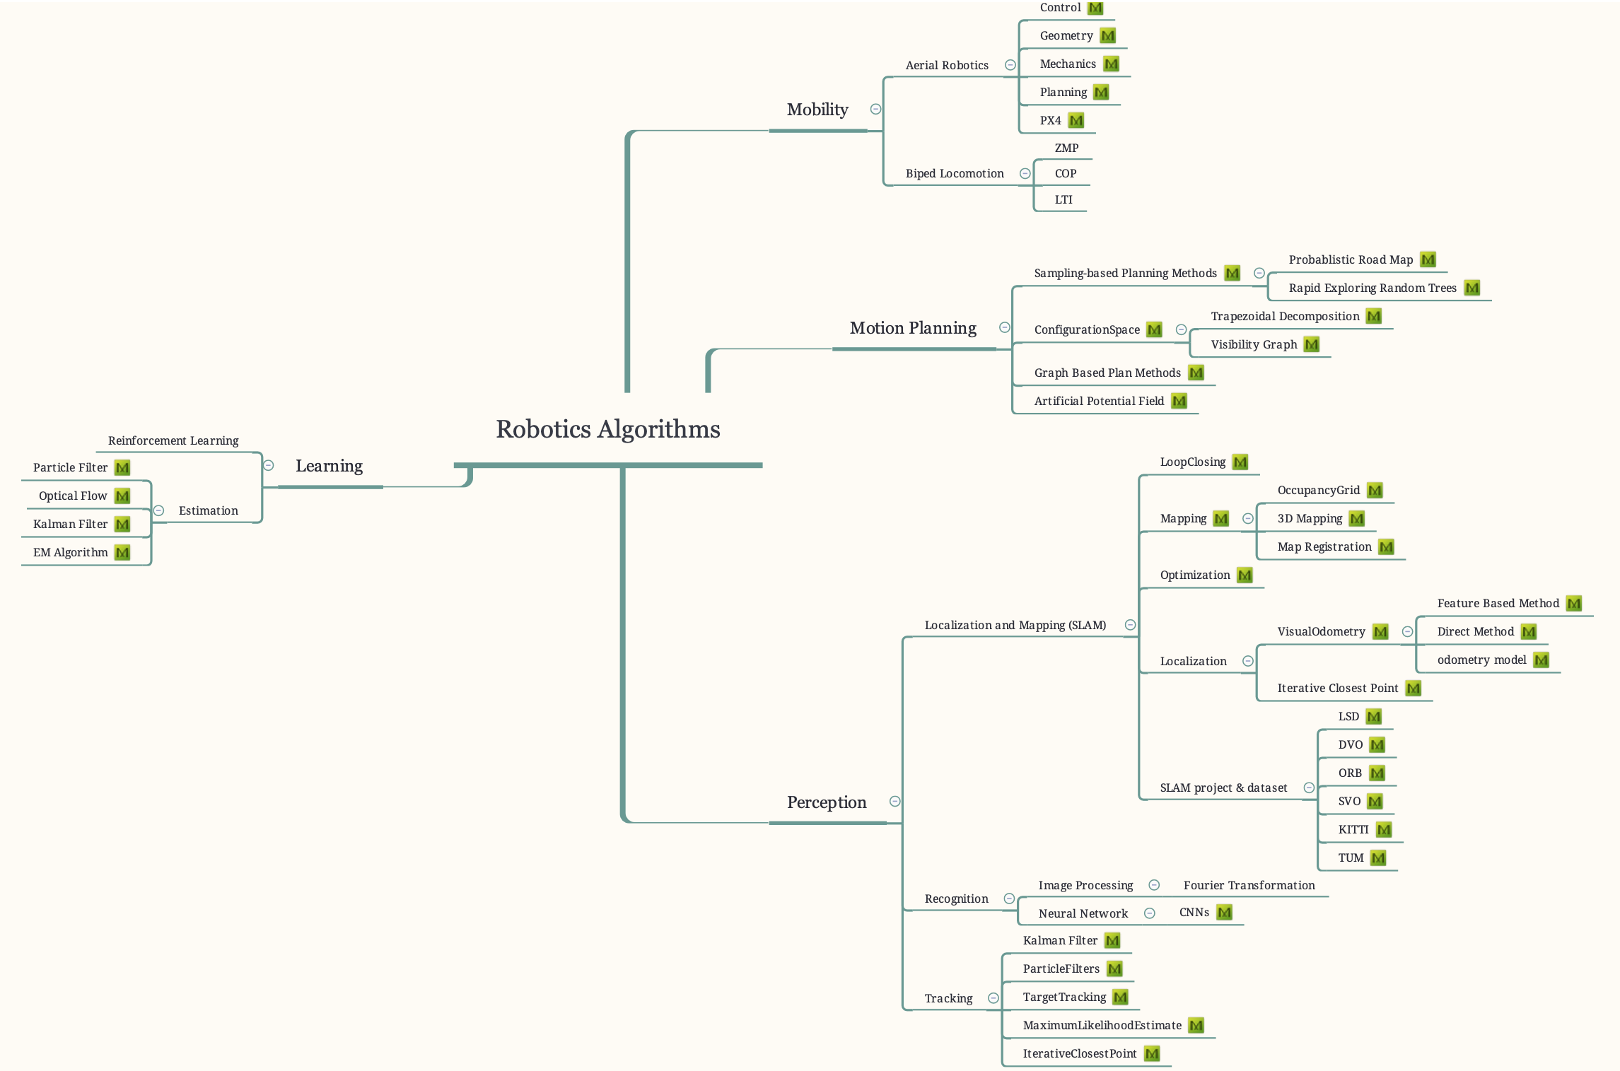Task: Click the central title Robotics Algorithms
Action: tap(607, 429)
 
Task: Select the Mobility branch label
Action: tap(817, 110)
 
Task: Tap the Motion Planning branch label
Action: tap(913, 328)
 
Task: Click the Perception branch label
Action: tap(826, 802)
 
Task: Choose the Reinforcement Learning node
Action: tap(173, 440)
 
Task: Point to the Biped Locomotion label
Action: tap(955, 173)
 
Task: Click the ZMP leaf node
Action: tap(1066, 148)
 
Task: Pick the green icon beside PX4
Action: tap(1076, 120)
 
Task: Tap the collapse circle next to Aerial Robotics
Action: tap(1010, 65)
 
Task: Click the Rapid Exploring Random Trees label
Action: tap(1372, 288)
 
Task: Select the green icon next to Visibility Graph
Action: tap(1312, 344)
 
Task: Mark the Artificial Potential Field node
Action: tap(1099, 401)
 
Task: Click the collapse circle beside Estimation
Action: tap(159, 510)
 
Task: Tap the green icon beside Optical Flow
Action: tap(122, 496)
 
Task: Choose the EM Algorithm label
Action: tap(71, 552)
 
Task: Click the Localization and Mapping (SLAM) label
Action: tap(1015, 625)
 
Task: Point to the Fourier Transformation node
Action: tap(1249, 885)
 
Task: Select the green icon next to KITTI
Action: tap(1384, 829)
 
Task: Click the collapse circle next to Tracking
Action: tap(993, 998)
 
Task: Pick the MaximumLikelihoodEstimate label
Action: tap(1102, 1025)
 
